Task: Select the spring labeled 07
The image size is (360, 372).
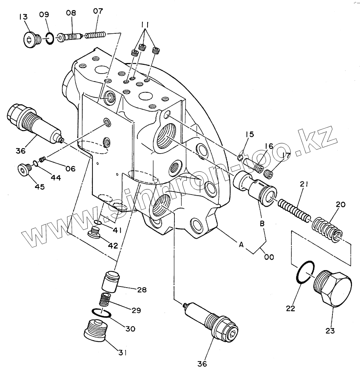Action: coord(95,35)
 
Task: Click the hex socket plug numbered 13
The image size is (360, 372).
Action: coord(30,39)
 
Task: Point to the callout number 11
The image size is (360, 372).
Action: coord(145,25)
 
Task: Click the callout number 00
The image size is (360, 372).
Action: coord(269,257)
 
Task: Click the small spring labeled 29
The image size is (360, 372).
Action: coord(105,300)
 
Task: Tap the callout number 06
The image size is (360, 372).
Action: coord(70,168)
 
